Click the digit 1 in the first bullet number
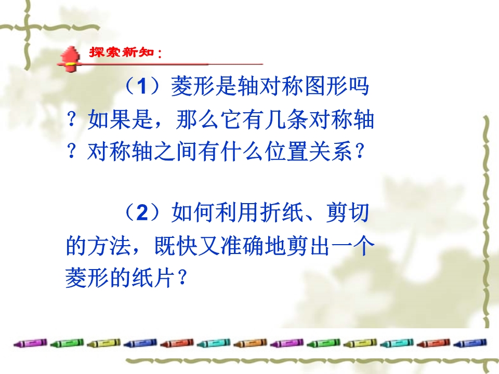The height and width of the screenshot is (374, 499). tap(143, 86)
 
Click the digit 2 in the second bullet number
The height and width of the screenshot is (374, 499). tap(142, 212)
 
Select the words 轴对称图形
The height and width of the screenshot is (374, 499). tap(292, 86)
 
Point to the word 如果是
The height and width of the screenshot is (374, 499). tap(120, 120)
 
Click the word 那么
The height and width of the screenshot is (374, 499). tap(198, 120)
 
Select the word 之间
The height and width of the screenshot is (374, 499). tap(175, 151)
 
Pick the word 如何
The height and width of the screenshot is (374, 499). tap(193, 212)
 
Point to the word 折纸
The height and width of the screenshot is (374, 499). tap(281, 212)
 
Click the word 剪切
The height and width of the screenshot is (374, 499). tap(348, 212)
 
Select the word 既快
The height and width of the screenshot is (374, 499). tap(176, 246)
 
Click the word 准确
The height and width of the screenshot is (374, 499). tap(242, 246)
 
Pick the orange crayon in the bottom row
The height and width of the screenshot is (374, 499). tap(250, 343)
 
